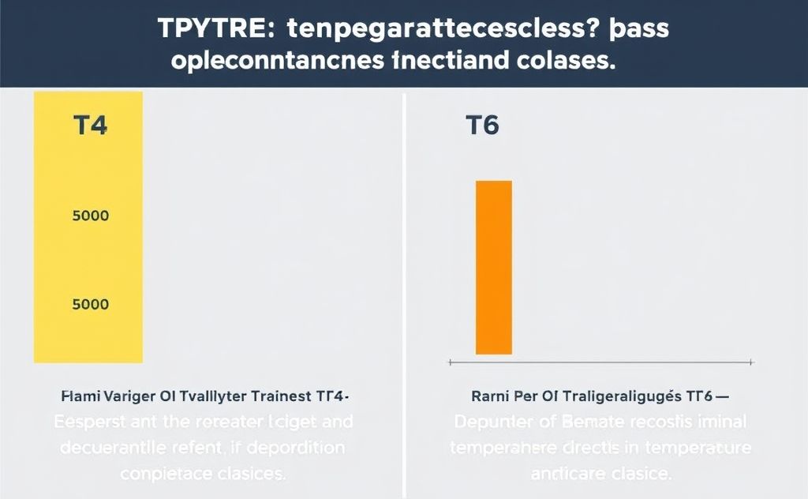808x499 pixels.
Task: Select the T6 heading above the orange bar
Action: click(x=482, y=126)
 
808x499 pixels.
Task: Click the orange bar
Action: click(x=494, y=268)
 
